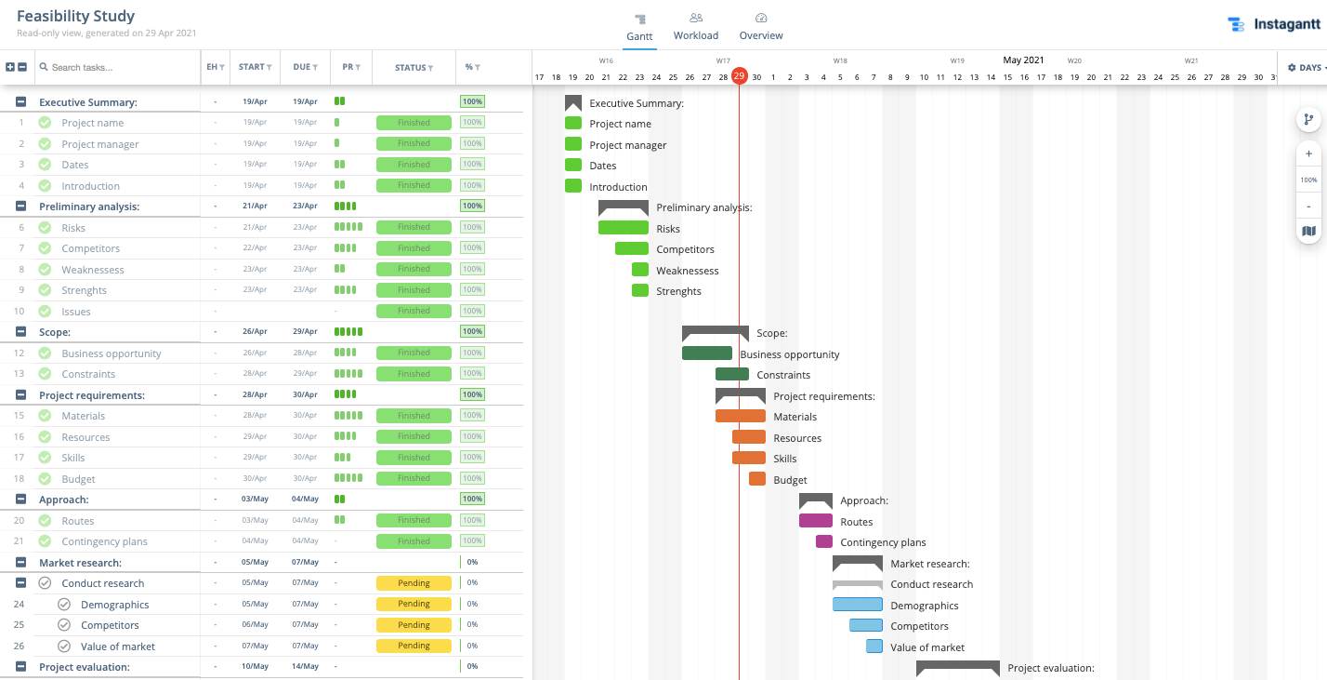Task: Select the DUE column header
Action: click(x=305, y=67)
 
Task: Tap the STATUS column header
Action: click(x=414, y=67)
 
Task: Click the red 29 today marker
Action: click(x=739, y=76)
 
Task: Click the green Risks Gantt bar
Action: click(x=623, y=228)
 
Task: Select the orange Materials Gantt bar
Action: click(x=740, y=416)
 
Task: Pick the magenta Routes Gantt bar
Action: click(x=815, y=521)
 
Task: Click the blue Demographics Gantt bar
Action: click(x=857, y=605)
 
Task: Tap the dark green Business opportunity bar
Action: click(x=706, y=353)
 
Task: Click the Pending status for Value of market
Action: click(x=414, y=646)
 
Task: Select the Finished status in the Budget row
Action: click(x=414, y=478)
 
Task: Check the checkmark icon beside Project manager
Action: click(x=45, y=143)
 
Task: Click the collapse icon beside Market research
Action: click(x=20, y=562)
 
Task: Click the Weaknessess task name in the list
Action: click(x=93, y=270)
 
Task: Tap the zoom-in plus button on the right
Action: click(x=1308, y=153)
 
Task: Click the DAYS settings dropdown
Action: click(x=1304, y=67)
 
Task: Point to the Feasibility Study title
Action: click(x=75, y=17)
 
